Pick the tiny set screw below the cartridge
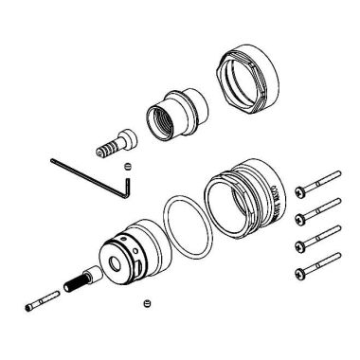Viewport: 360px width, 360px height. click(146, 303)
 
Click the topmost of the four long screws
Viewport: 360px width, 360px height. click(317, 183)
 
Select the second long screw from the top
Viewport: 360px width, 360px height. click(317, 207)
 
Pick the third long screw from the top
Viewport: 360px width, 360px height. click(317, 234)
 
